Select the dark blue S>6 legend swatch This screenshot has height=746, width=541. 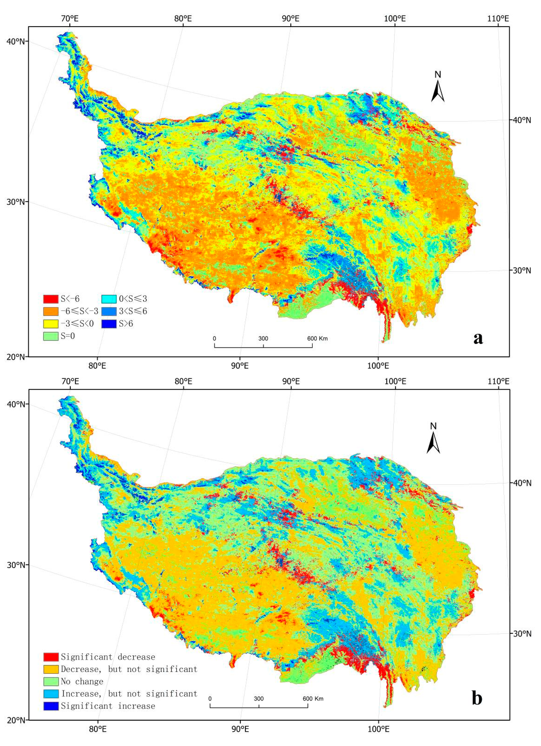point(109,324)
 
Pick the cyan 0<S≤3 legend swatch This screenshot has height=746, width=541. point(109,299)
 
